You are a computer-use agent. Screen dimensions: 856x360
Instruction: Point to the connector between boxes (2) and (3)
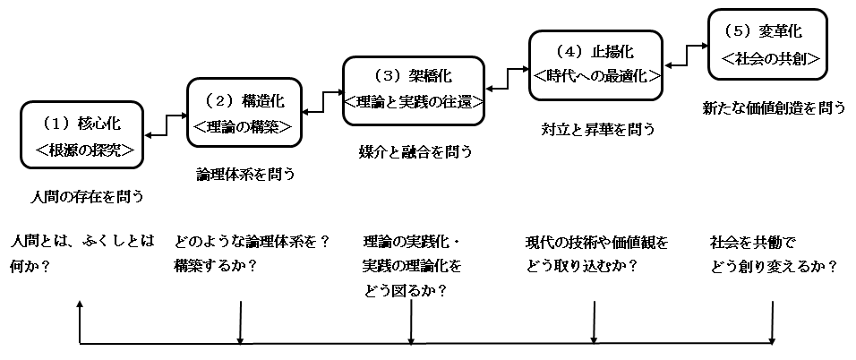(323, 102)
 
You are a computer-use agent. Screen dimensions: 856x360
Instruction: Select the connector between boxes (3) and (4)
(508, 78)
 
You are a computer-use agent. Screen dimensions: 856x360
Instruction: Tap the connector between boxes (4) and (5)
(686, 56)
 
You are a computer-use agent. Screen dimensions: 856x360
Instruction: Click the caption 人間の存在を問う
(87, 197)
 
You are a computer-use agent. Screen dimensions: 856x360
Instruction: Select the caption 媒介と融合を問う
(415, 152)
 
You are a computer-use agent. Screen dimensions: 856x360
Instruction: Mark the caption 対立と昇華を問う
(597, 130)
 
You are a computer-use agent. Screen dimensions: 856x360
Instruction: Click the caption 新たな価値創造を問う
(774, 108)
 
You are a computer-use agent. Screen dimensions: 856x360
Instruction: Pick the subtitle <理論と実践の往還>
(415, 102)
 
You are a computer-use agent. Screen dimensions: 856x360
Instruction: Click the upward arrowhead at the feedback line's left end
(80, 304)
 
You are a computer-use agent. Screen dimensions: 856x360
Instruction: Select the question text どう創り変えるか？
(775, 267)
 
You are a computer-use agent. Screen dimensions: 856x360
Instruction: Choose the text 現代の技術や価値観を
(596, 242)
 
